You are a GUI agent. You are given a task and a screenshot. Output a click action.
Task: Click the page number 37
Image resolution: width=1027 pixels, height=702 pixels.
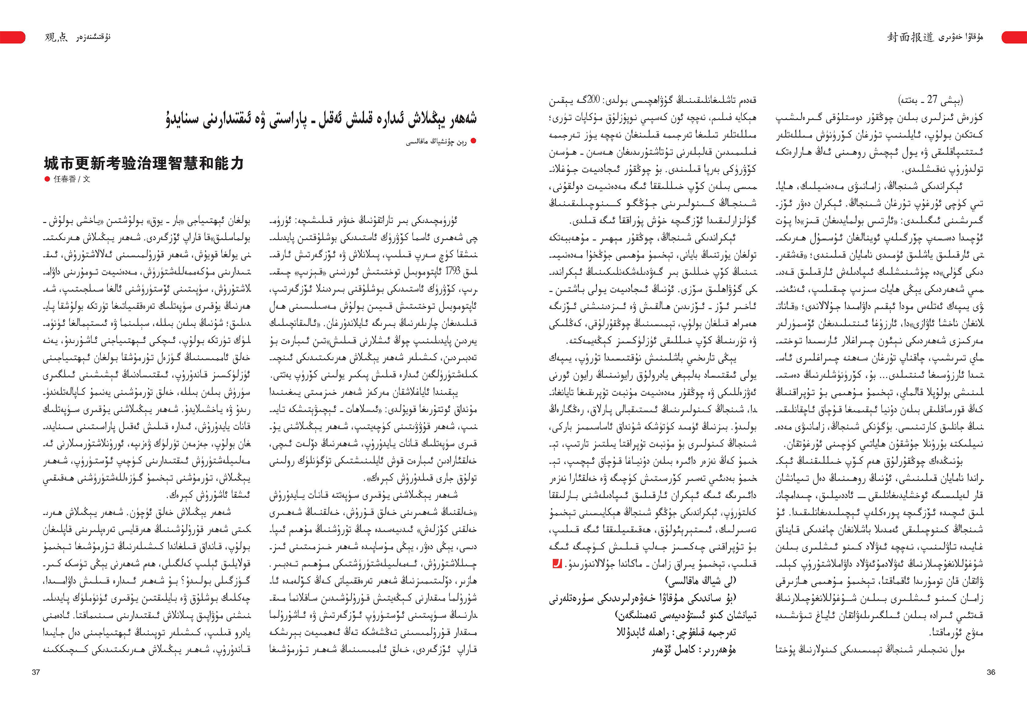click(36, 672)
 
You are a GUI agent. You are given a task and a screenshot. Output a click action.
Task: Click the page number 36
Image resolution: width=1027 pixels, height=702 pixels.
click(991, 672)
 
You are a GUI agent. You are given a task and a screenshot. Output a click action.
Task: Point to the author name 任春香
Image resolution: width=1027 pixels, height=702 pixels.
click(64, 179)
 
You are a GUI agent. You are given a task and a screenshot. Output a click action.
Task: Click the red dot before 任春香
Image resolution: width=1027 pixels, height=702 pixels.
click(47, 179)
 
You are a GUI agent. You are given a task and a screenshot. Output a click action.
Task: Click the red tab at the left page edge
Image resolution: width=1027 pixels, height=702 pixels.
click(12, 37)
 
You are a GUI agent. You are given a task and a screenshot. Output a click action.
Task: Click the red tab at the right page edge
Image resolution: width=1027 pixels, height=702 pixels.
click(1014, 37)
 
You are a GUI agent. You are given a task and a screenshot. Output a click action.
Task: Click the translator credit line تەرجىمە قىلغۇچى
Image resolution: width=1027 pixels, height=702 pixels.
click(676, 632)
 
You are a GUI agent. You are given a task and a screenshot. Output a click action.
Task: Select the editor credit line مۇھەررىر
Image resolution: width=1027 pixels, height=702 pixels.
click(694, 649)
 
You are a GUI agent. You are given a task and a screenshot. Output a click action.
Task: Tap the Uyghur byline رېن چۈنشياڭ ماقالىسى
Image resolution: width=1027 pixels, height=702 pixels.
click(436, 141)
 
